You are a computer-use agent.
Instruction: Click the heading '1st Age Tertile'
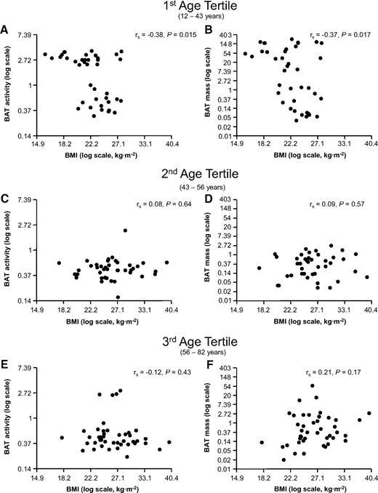coord(189,7)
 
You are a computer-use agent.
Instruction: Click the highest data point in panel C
coord(125,231)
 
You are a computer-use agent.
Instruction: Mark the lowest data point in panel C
coord(118,297)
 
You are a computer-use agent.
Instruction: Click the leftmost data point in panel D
coord(259,268)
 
